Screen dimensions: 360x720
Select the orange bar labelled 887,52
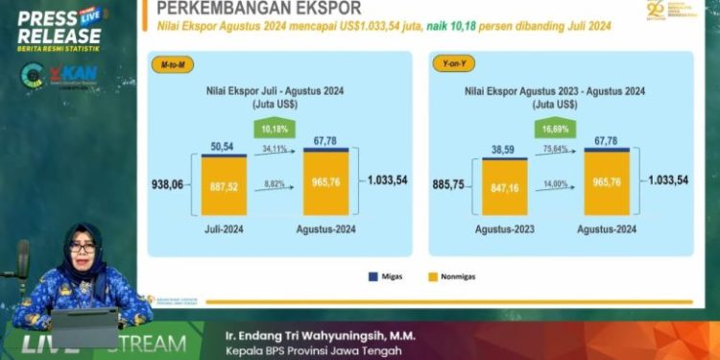229,189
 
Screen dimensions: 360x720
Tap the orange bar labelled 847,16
498,190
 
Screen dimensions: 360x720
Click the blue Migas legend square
371,276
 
